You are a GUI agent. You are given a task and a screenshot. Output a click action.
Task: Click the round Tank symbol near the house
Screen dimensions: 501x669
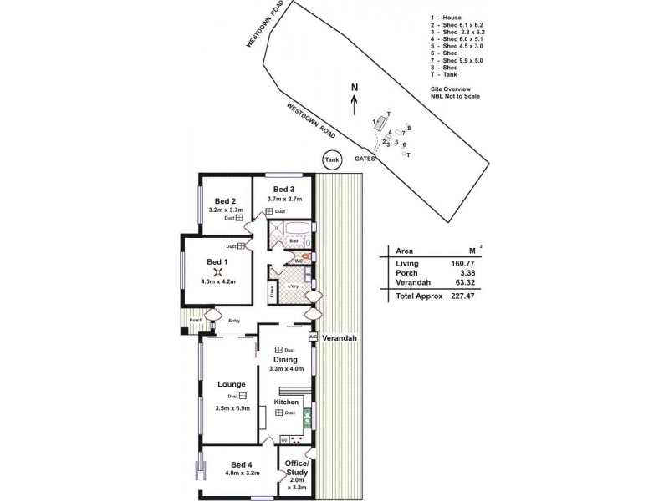[333, 159]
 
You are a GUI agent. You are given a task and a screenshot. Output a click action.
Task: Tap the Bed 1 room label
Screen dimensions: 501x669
[217, 261]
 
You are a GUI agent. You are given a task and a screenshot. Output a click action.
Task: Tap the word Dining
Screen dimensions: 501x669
[286, 360]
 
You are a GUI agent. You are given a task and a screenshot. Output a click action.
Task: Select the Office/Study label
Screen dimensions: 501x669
[297, 467]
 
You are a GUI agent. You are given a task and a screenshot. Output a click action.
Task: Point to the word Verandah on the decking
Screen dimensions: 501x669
[341, 338]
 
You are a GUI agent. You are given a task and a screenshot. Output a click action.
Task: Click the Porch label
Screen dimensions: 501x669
[196, 321]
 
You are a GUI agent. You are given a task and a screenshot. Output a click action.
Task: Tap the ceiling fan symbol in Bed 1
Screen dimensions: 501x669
[217, 272]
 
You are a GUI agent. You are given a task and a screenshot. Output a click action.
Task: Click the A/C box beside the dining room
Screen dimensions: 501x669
[314, 337]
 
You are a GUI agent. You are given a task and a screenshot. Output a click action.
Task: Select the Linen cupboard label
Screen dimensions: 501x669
[273, 292]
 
